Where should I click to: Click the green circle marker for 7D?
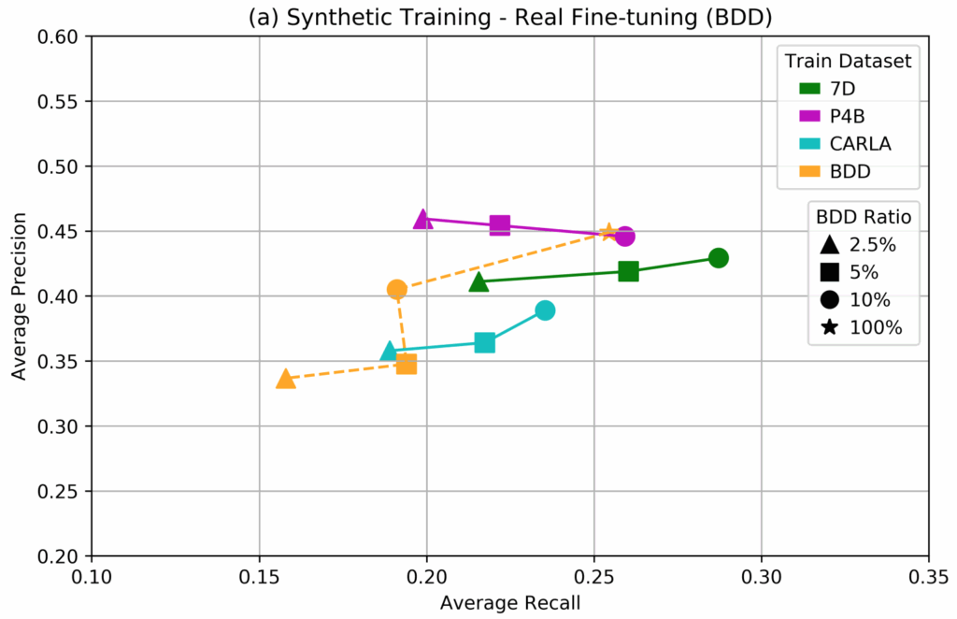tap(719, 258)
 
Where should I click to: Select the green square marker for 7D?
tap(628, 271)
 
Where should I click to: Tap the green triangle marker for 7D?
tap(479, 281)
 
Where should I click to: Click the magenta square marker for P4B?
tap(500, 225)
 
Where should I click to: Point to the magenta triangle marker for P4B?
tap(422, 219)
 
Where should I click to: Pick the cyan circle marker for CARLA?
tap(545, 310)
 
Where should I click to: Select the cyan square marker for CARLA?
tap(484, 343)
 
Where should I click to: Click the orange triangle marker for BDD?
tap(286, 379)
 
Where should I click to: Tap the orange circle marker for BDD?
tap(397, 289)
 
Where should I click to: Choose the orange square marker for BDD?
tap(407, 364)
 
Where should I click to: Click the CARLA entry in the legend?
tap(850, 144)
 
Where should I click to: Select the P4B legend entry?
tap(840, 116)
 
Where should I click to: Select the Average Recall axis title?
tap(510, 602)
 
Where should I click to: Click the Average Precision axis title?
tap(19, 296)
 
